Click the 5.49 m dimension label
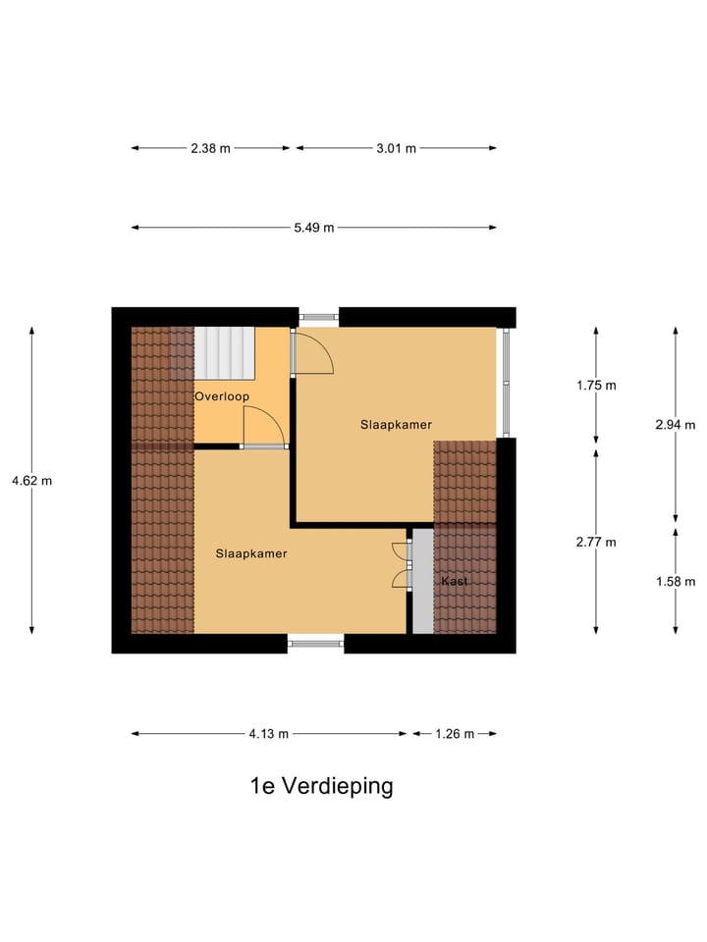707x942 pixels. pos(313,228)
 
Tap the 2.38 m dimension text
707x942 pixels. pos(210,148)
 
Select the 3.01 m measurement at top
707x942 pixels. pos(396,148)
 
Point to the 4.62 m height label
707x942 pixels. pos(31,481)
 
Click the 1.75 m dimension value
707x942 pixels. pos(596,385)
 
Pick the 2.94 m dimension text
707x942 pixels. pos(675,425)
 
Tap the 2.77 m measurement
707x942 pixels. pos(596,542)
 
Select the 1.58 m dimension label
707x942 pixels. pos(675,581)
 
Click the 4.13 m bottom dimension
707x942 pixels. pos(268,733)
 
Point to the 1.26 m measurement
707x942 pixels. pos(454,733)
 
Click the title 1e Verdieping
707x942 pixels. pos(321,786)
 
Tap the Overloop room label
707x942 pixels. pos(221,396)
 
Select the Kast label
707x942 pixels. pos(455,581)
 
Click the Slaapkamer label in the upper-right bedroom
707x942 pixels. pos(397,424)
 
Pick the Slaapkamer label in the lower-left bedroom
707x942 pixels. pos(251,553)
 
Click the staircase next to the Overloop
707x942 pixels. pos(224,352)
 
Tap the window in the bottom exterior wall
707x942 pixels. pos(316,644)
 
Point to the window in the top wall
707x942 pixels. pos(318,317)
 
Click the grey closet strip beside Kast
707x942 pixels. pos(422,581)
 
